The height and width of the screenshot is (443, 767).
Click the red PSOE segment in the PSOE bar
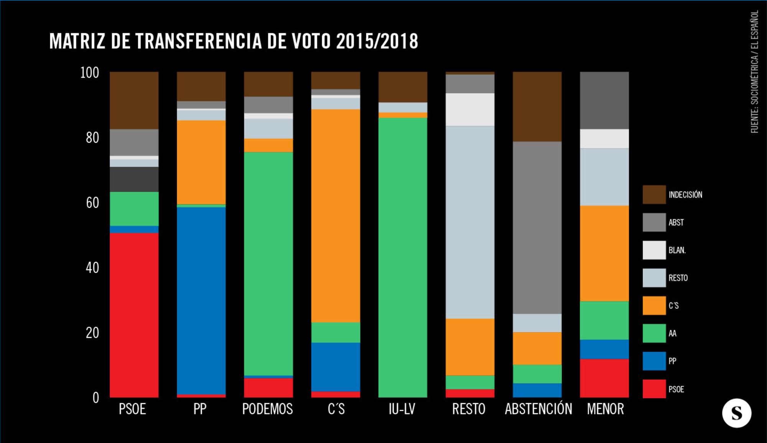point(134,315)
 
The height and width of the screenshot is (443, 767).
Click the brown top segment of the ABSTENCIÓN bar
point(537,106)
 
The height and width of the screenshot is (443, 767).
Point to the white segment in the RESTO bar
point(470,109)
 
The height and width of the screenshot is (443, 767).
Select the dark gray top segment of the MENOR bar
point(604,100)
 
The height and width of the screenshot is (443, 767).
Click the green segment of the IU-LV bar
point(403,257)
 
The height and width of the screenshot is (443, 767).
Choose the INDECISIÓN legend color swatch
point(654,194)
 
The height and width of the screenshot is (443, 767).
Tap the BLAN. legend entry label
point(677,250)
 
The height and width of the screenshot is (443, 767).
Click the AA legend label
point(673,333)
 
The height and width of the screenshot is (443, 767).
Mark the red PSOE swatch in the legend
point(654,389)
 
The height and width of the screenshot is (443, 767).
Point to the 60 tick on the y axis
point(92,203)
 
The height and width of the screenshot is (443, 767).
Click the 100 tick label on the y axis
point(89,72)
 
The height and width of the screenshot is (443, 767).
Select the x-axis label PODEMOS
point(267,409)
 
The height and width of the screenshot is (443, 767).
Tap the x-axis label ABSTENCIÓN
point(538,409)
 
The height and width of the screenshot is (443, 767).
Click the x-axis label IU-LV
point(402,409)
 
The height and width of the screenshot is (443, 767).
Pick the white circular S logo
point(736,413)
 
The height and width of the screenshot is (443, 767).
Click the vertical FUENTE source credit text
point(754,72)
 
